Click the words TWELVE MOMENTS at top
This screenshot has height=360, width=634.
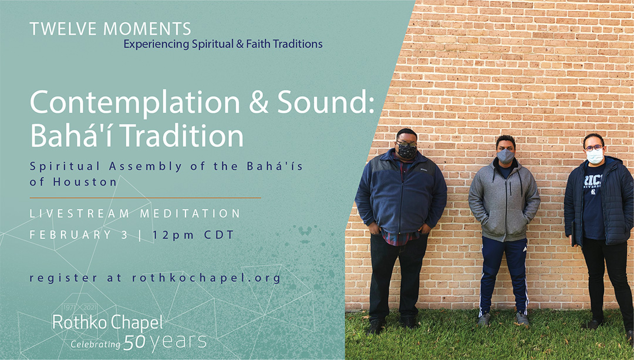pyautogui.click(x=110, y=29)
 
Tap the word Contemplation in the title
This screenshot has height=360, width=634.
pyautogui.click(x=135, y=104)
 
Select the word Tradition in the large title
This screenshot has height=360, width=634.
pyautogui.click(x=183, y=136)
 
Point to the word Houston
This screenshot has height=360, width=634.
pyautogui.click(x=85, y=182)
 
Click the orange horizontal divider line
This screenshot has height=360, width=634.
pyautogui.click(x=145, y=198)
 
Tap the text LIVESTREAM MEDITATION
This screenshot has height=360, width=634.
pyautogui.click(x=135, y=213)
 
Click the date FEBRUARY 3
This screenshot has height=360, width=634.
pyautogui.click(x=79, y=234)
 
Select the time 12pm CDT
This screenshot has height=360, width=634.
pyautogui.click(x=193, y=235)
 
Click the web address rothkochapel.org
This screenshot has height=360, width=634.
pyautogui.click(x=206, y=278)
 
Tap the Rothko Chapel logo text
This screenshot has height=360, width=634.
pyautogui.click(x=107, y=322)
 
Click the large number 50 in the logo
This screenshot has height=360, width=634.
pyautogui.click(x=134, y=342)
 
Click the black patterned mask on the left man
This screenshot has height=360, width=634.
pyautogui.click(x=407, y=152)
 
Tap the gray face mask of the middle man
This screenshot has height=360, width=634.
pyautogui.click(x=505, y=156)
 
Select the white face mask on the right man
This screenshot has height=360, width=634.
pyautogui.click(x=595, y=156)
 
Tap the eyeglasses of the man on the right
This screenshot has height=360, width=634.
pyautogui.click(x=594, y=147)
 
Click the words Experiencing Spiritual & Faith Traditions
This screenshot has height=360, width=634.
pyautogui.click(x=223, y=43)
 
